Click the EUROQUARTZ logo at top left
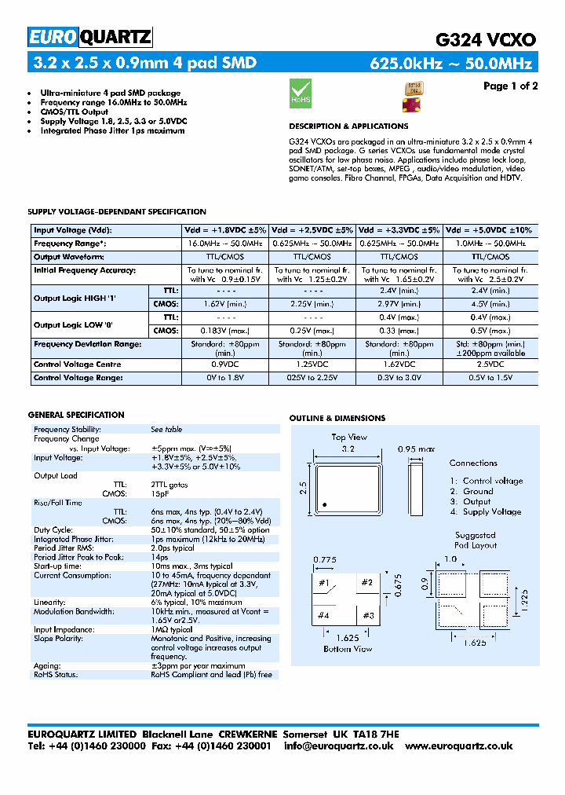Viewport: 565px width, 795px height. (x=89, y=37)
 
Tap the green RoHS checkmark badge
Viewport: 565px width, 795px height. (x=301, y=92)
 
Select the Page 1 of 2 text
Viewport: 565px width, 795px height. (x=510, y=86)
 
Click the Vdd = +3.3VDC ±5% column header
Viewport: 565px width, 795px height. (x=399, y=230)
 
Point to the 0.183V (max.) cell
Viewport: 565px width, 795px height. (x=224, y=331)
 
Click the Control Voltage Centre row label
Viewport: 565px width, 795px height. (x=78, y=365)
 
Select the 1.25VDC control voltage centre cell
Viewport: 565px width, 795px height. (x=312, y=365)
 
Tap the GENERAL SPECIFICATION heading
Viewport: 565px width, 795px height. (x=76, y=415)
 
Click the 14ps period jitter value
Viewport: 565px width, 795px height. (x=159, y=557)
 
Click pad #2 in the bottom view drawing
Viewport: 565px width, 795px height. (x=366, y=583)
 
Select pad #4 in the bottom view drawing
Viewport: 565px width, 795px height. (x=323, y=615)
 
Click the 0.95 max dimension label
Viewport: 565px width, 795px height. (x=416, y=449)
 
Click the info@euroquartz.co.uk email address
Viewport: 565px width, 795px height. (x=338, y=746)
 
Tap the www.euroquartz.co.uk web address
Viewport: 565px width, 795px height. (x=471, y=746)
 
